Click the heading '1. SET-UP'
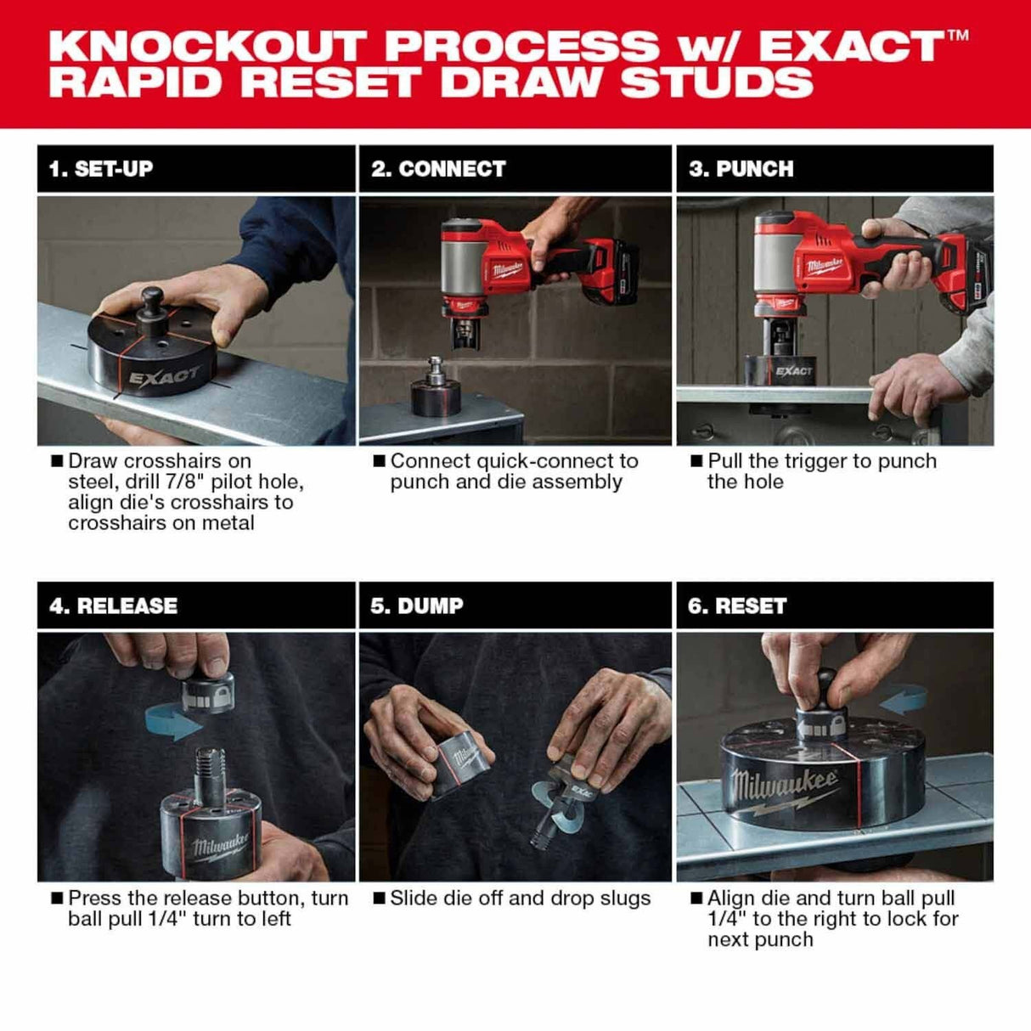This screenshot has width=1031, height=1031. click(100, 168)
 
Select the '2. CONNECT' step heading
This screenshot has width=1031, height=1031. click(438, 168)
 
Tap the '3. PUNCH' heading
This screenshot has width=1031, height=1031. click(741, 168)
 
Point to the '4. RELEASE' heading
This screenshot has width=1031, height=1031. click(114, 606)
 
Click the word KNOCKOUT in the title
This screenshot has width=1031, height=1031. click(208, 46)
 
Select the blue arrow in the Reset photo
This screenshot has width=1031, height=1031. click(904, 701)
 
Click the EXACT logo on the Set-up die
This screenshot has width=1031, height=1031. click(166, 375)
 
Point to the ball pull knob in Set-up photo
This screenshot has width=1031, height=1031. click(153, 301)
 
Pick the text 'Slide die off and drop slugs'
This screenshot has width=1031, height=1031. click(520, 899)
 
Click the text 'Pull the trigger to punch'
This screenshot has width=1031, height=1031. click(821, 461)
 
